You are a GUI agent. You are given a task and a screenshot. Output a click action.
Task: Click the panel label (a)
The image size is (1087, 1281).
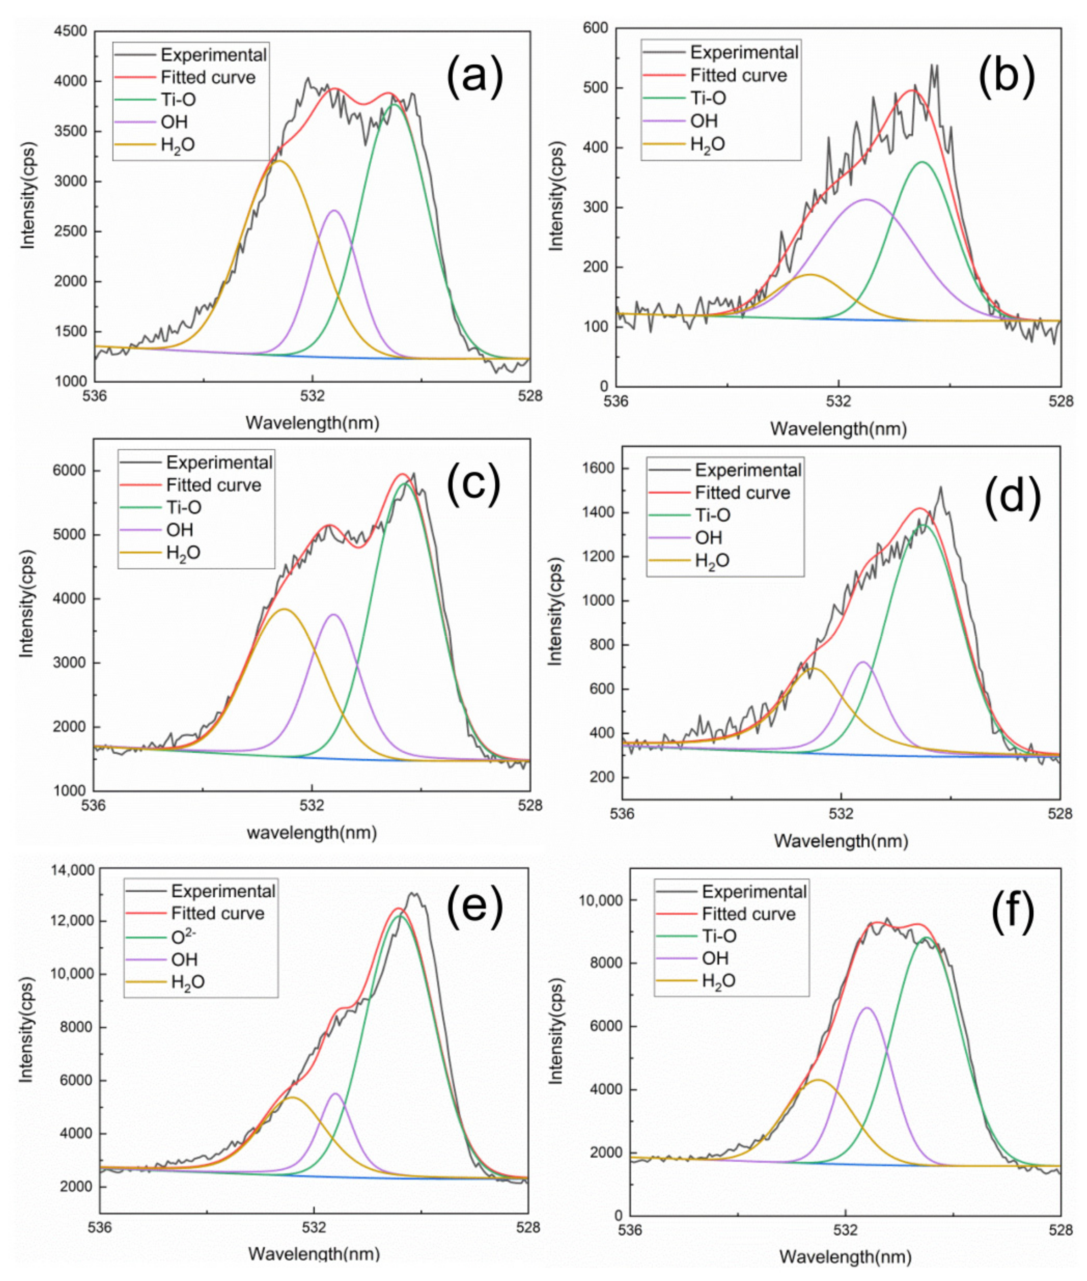click(474, 77)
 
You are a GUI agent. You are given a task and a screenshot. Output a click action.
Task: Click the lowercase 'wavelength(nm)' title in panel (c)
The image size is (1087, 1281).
click(312, 833)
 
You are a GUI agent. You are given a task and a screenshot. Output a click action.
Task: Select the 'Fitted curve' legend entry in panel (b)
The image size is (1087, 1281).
click(738, 75)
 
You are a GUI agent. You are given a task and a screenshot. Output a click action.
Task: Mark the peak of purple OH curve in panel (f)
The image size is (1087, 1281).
click(867, 1008)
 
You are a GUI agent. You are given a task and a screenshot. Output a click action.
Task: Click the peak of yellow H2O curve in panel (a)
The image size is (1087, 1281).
click(280, 161)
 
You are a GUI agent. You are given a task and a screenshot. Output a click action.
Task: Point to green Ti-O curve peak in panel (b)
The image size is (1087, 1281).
click(922, 162)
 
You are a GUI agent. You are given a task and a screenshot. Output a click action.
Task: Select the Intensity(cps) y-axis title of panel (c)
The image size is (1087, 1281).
click(27, 604)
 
